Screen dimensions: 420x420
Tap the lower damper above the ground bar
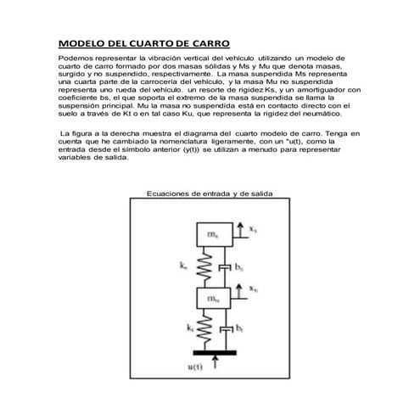pyautogui.click(x=225, y=329)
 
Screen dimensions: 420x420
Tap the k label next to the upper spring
pyautogui.click(x=184, y=266)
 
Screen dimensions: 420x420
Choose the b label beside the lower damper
pyautogui.click(x=240, y=327)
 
